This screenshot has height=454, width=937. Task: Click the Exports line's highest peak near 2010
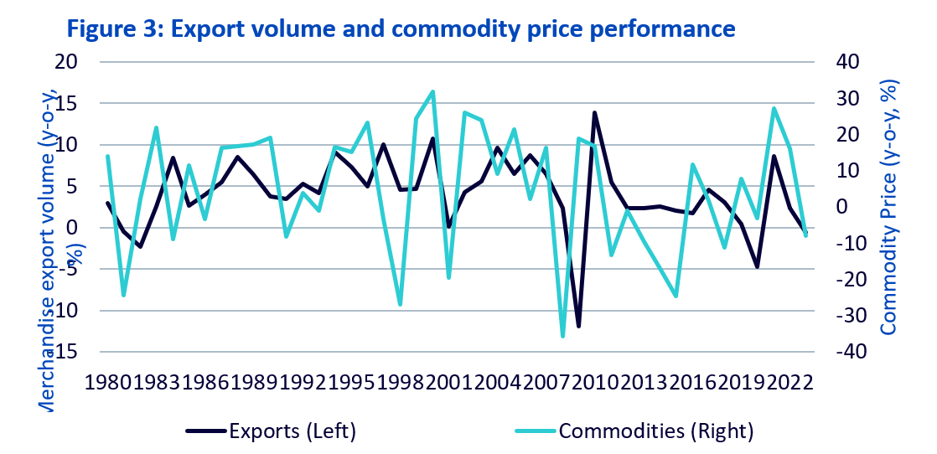[x=594, y=112]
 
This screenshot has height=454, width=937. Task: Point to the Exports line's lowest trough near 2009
[x=578, y=326]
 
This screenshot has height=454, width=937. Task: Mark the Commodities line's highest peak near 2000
[x=432, y=91]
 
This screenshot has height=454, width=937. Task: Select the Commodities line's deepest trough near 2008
[x=562, y=336]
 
